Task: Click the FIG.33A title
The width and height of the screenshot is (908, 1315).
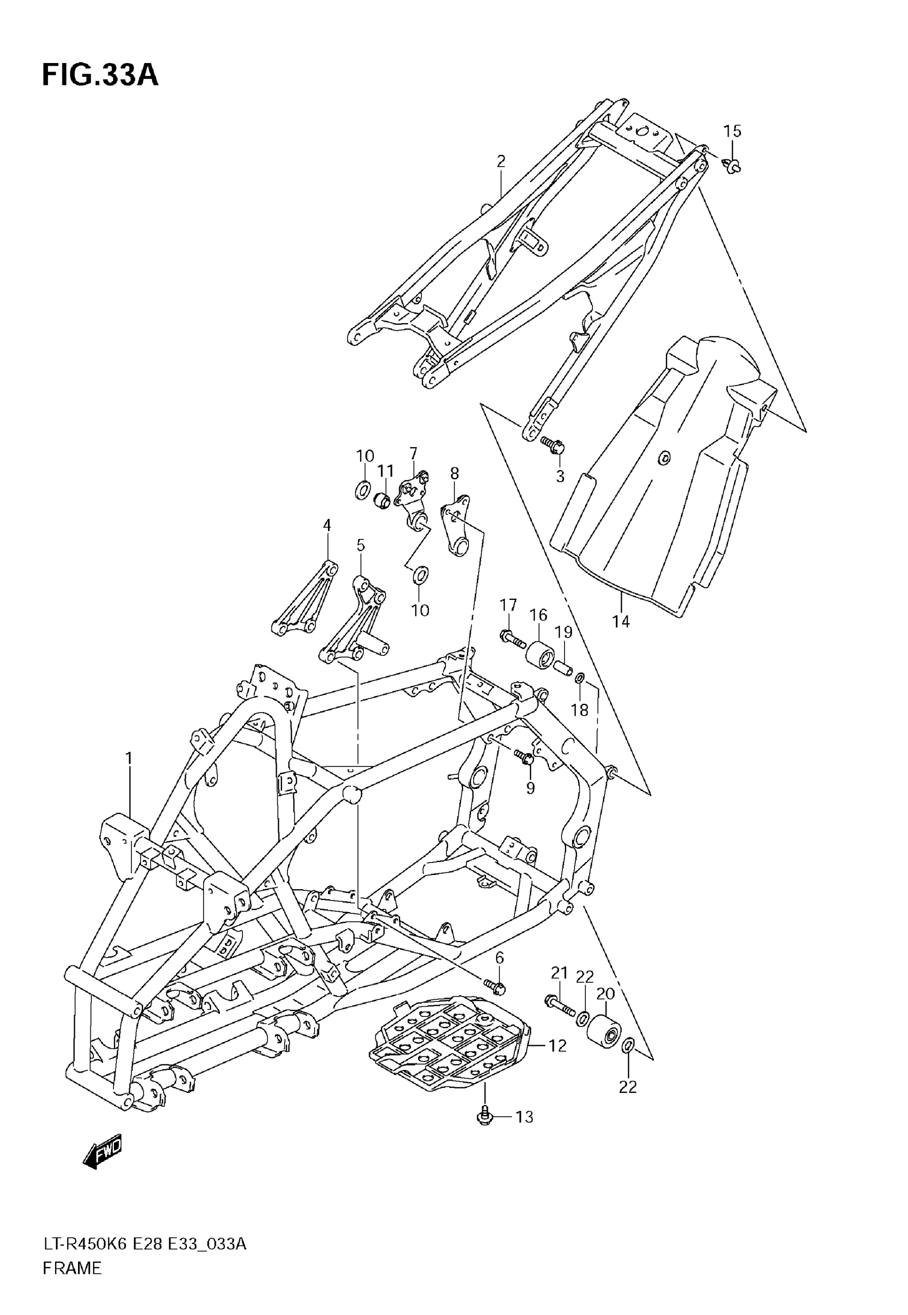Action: (x=100, y=76)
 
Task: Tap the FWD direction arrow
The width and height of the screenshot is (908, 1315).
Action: (x=103, y=1146)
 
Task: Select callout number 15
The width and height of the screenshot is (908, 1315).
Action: (x=732, y=131)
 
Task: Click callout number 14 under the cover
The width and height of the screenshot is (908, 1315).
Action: (x=621, y=622)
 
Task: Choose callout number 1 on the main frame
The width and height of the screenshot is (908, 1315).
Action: (x=129, y=758)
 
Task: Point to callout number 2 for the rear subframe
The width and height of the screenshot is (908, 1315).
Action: (x=500, y=161)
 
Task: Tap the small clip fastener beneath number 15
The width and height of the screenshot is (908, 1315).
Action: (x=733, y=166)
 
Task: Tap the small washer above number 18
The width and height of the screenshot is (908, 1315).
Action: (x=580, y=678)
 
